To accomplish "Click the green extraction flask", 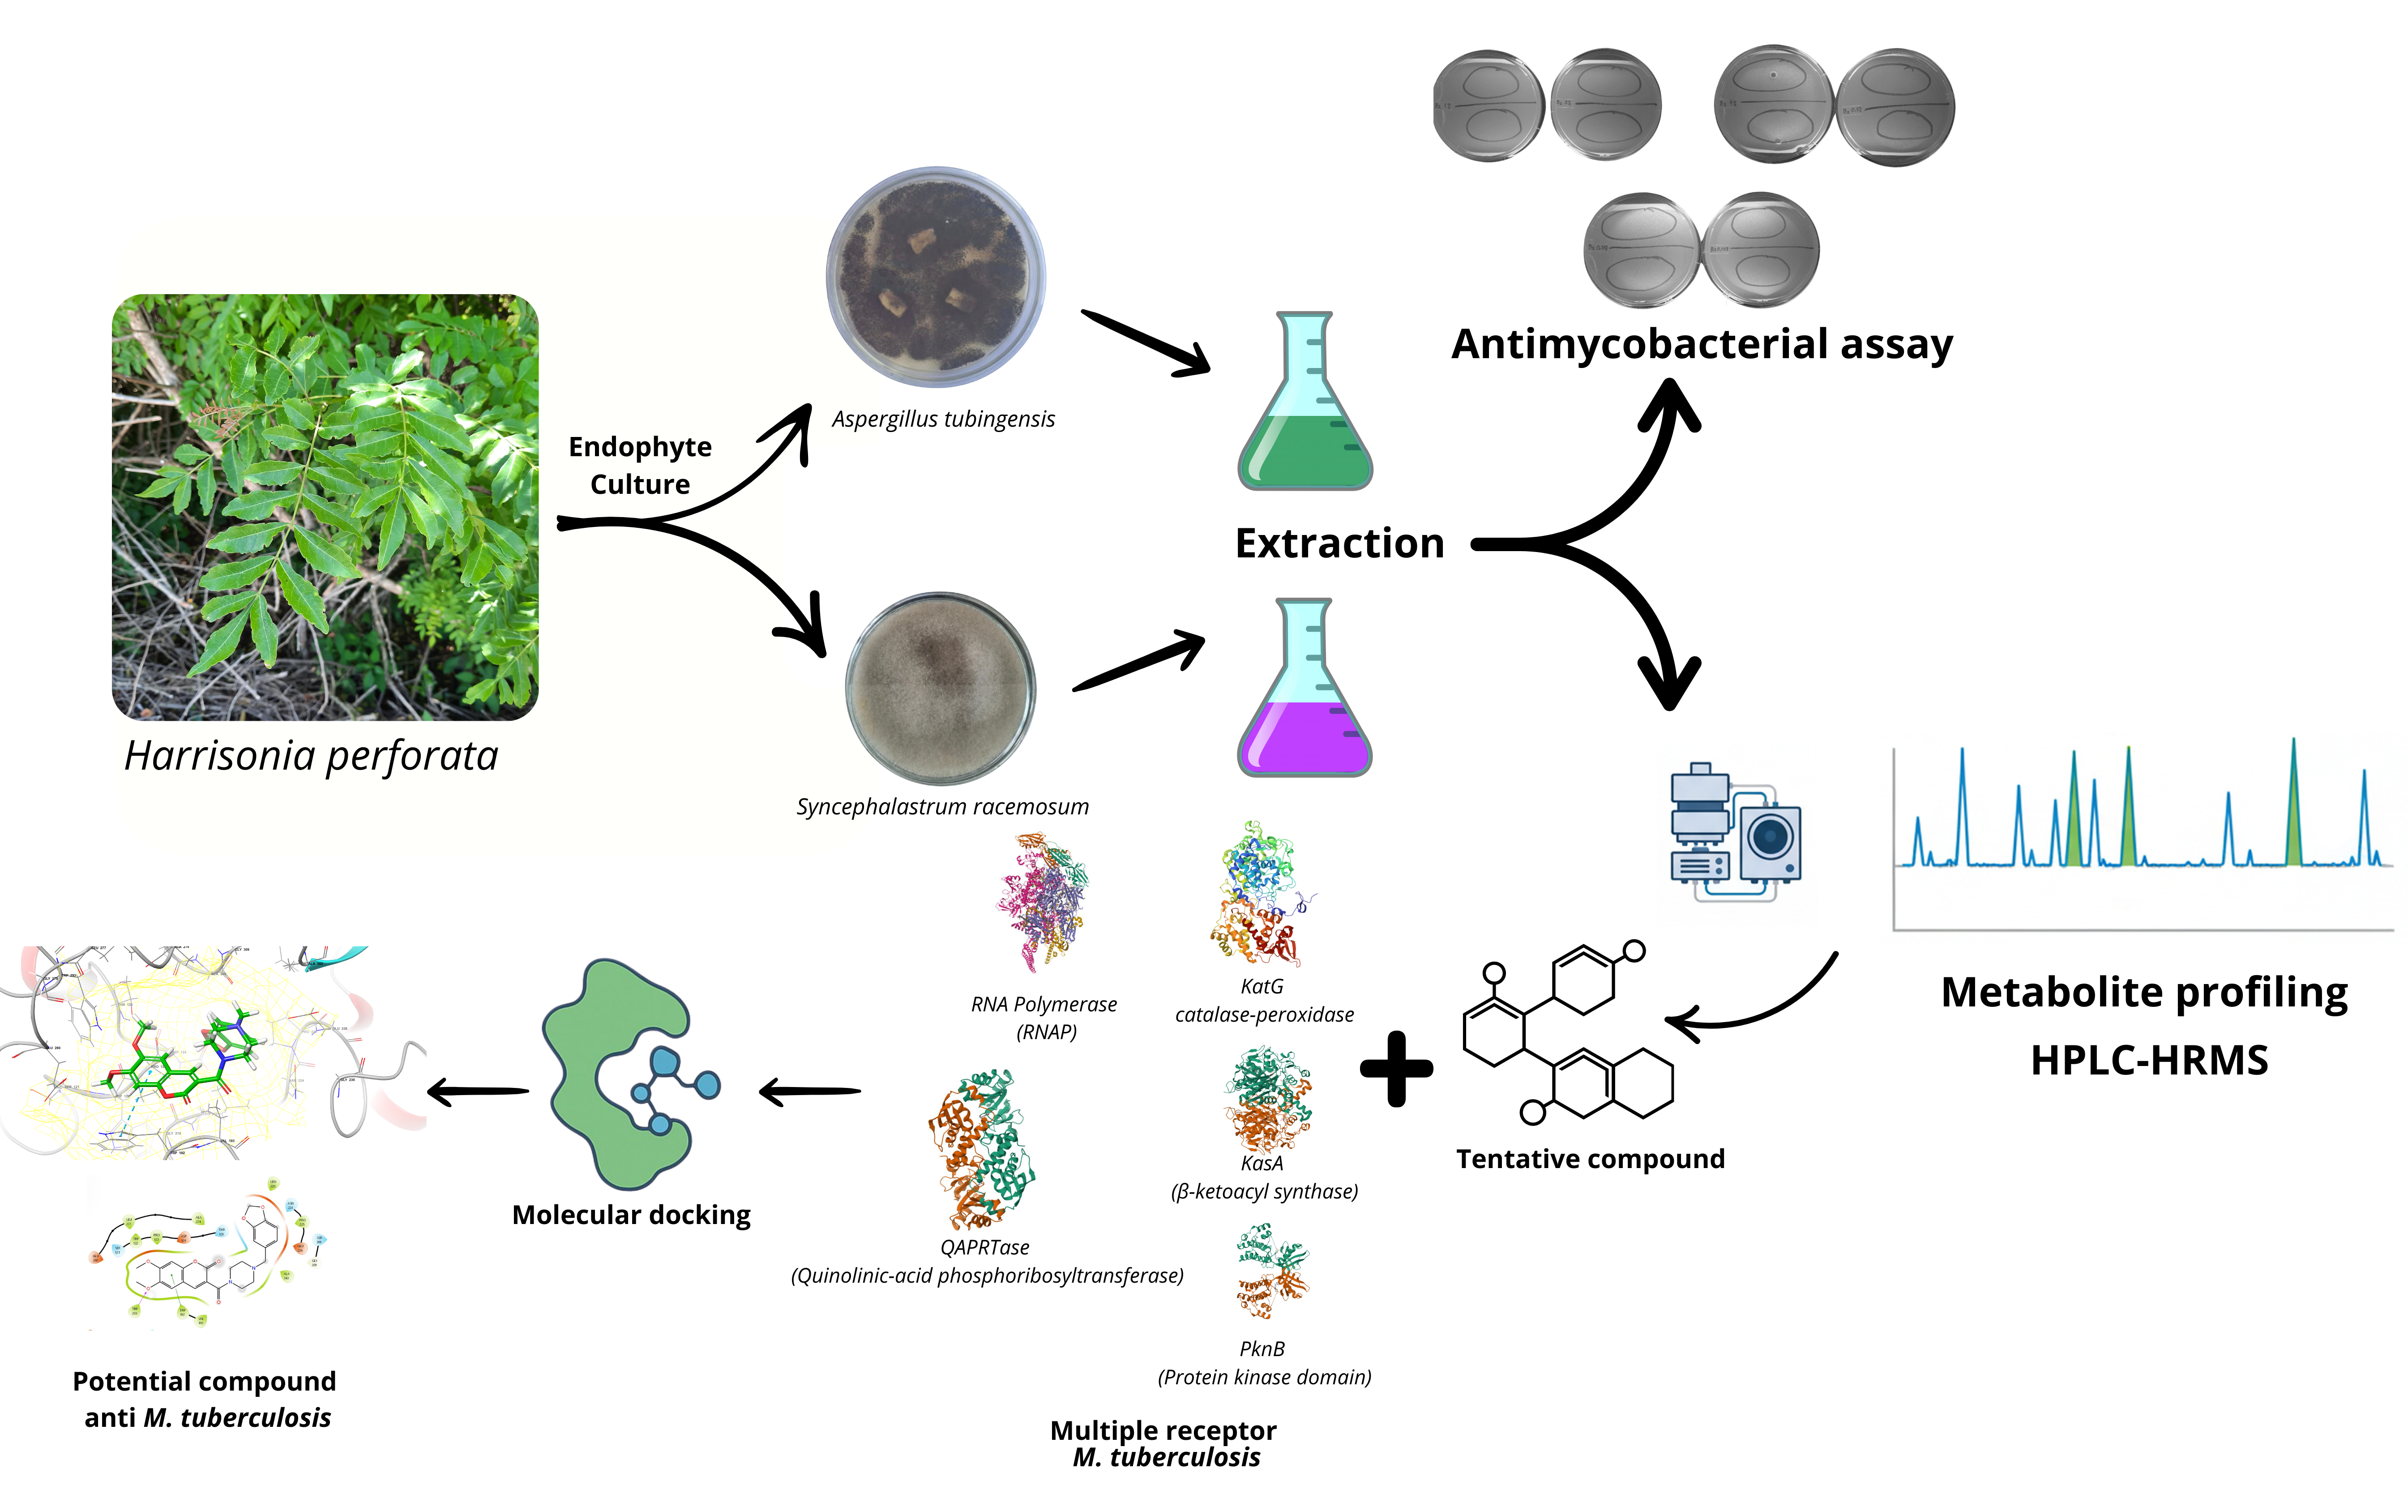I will point(1304,410).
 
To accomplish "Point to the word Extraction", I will point(1339,544).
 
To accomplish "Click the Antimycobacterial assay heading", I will point(1701,344).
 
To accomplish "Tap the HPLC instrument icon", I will point(1736,832).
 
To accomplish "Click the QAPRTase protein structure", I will point(982,1149).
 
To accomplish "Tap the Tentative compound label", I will point(1590,1159).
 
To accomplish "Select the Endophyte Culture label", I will point(639,465).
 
